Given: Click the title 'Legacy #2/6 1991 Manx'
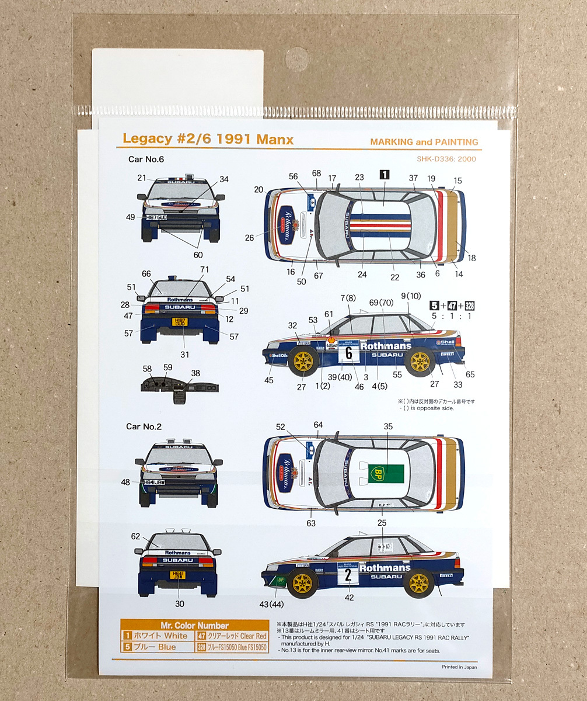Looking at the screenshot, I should click(x=208, y=140).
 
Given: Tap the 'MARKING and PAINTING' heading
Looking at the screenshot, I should click(x=424, y=142).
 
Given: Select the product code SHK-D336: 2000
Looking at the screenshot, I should click(x=447, y=158).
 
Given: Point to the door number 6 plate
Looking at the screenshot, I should click(x=348, y=354).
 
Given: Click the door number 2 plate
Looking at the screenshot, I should click(x=348, y=575).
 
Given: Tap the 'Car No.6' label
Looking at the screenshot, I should click(x=146, y=158).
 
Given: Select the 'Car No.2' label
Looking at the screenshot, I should click(x=144, y=426).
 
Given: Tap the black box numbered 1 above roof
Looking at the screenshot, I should click(x=385, y=173).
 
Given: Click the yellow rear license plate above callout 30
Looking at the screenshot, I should click(x=177, y=575).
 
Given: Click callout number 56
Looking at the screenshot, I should click(x=293, y=176).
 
